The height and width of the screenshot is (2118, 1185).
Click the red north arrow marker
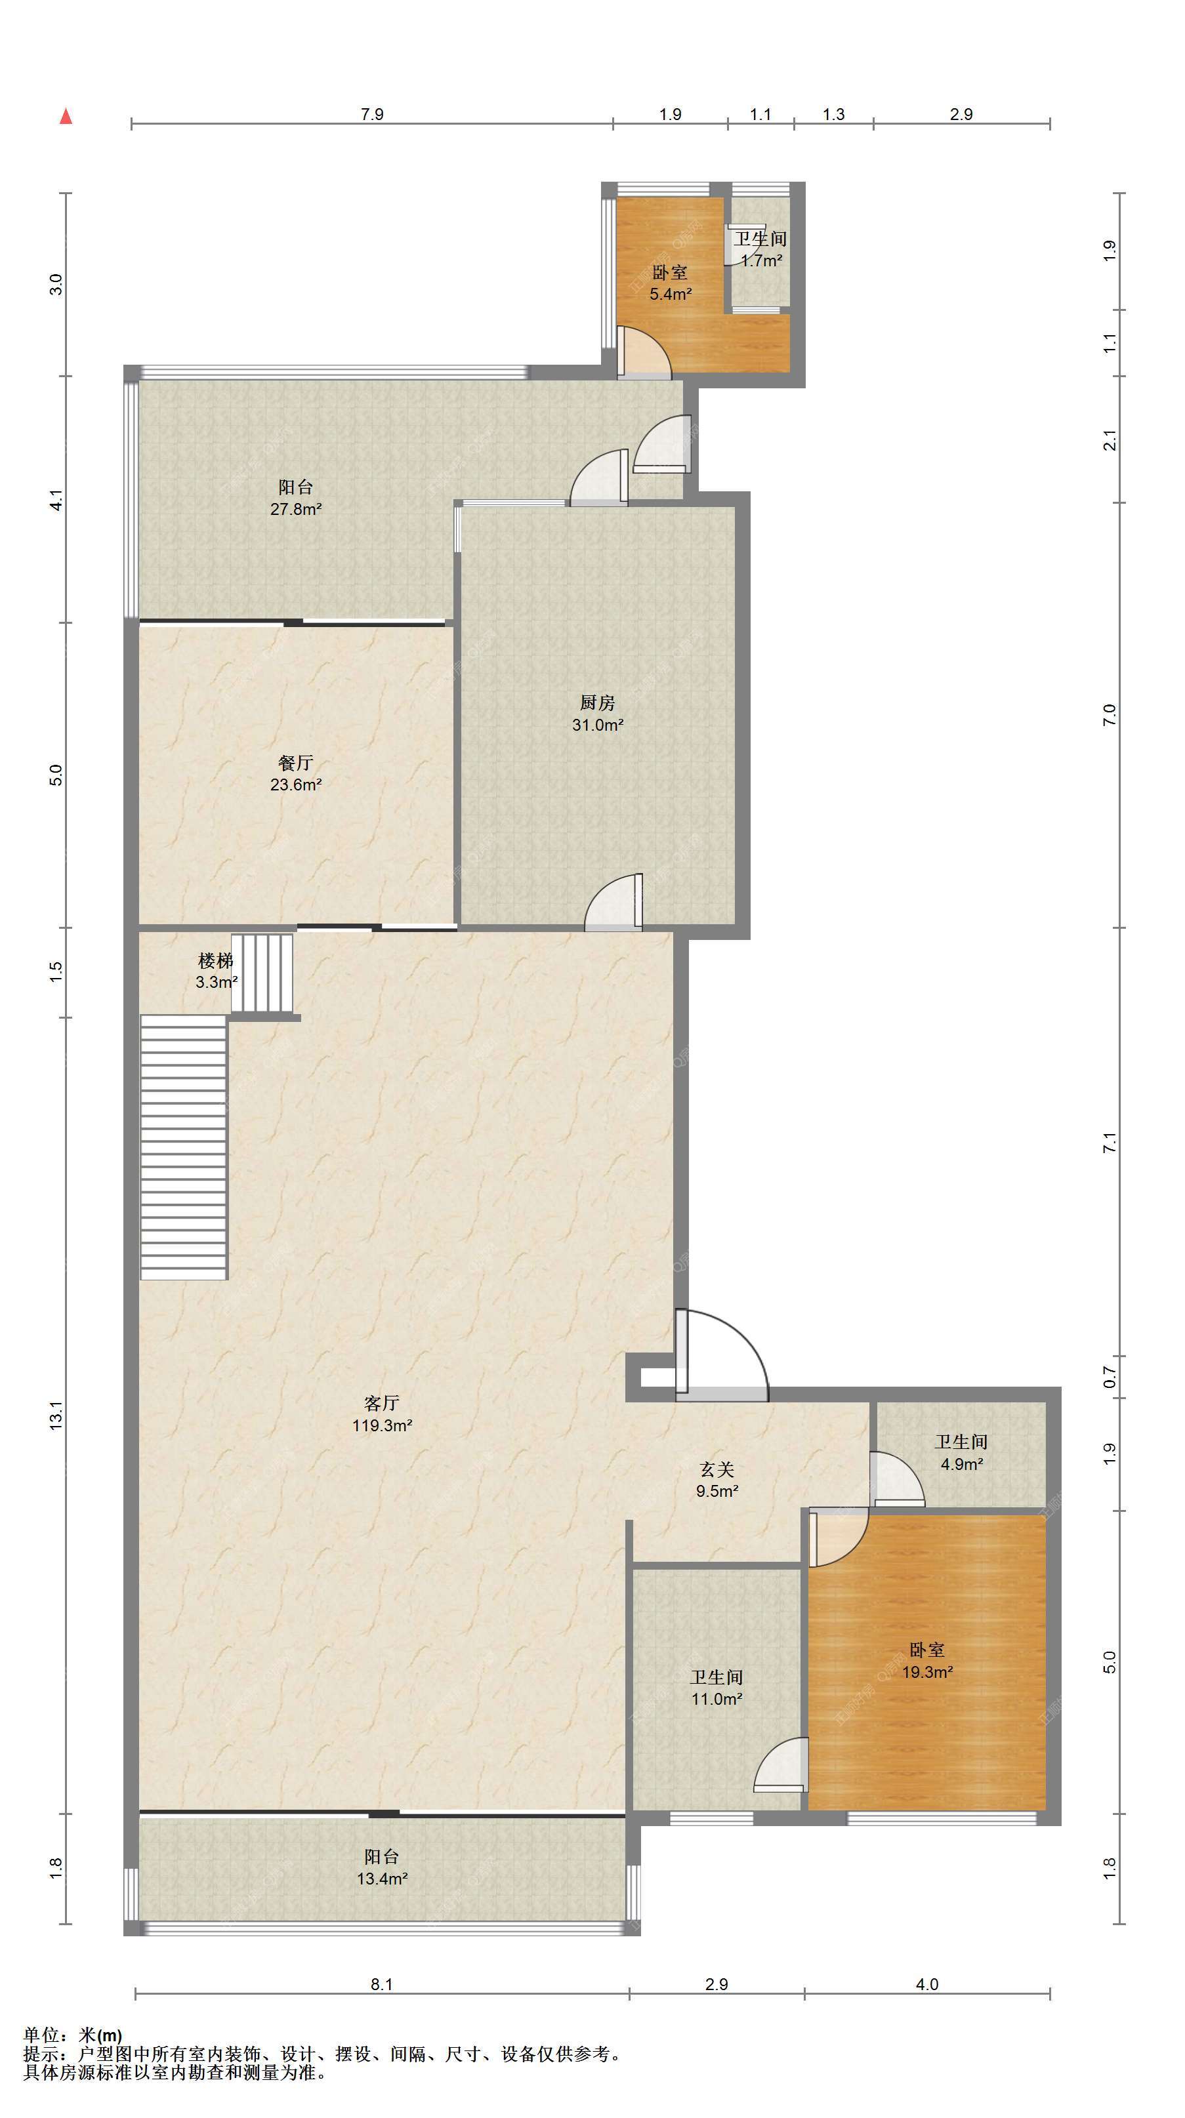pos(66,116)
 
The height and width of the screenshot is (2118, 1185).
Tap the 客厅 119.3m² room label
pos(382,1414)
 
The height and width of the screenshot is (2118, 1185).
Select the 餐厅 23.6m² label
pos(295,773)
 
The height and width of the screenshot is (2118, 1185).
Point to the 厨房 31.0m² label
pos(597,713)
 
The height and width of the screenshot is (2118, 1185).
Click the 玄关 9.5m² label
pos(717,1479)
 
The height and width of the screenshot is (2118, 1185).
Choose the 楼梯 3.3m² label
pos(217,970)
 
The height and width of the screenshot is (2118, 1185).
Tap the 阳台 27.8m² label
pos(295,497)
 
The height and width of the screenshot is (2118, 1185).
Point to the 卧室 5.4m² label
pos(670,283)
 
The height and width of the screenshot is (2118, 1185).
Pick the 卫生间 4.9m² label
pos(961,1452)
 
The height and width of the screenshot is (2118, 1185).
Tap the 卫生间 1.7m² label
pos(760,249)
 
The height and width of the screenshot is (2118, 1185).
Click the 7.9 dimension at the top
pos(373,114)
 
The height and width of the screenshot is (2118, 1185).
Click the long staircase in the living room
pos(183,1147)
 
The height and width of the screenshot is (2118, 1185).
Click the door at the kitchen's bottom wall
pos(613,902)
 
